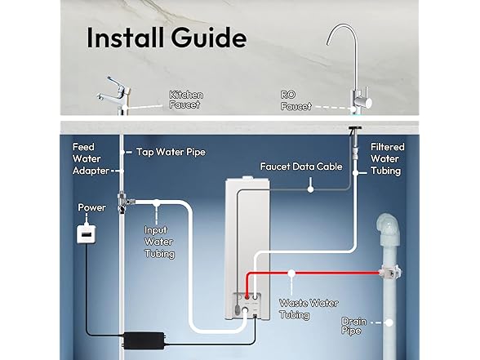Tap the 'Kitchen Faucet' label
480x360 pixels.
point(186,100)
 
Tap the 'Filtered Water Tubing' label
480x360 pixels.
point(386,159)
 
